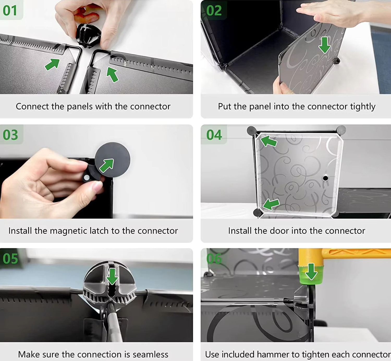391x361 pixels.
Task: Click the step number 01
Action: coord(10,10)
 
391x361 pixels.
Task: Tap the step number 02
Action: coord(214,10)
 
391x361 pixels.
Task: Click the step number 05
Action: coord(10,258)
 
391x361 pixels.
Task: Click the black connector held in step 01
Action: coord(88,35)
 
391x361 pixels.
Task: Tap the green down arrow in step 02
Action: coord(325,45)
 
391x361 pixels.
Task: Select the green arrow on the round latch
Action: coord(107,166)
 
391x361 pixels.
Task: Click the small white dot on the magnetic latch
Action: coord(87,178)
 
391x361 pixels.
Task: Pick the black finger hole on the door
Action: coord(325,178)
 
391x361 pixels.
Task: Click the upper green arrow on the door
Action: coord(269,141)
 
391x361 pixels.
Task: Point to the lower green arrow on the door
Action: coord(271,205)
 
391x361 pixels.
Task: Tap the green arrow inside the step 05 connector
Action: coord(112,276)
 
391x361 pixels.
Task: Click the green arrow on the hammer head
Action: coord(311,271)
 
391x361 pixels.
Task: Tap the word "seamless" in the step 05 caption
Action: coord(150,354)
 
